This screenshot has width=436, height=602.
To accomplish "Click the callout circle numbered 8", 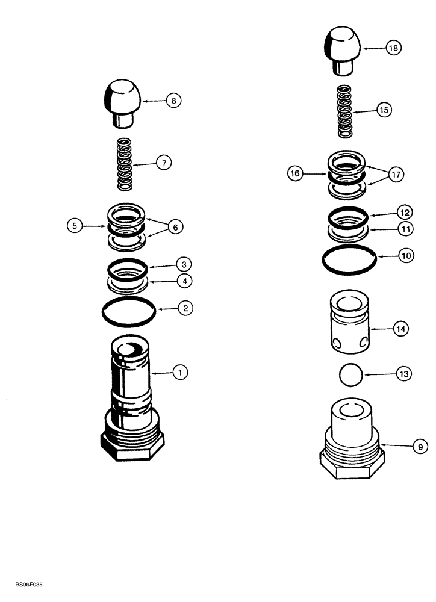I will click(173, 101).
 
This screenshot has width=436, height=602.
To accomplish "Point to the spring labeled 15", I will click(344, 111).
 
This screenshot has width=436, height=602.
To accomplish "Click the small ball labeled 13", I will click(350, 375).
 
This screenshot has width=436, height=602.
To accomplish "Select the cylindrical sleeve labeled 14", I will click(350, 329).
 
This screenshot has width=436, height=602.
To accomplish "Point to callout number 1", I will click(179, 373).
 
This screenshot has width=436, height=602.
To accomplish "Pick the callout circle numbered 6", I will click(175, 227).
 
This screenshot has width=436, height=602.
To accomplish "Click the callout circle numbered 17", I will click(396, 175).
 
